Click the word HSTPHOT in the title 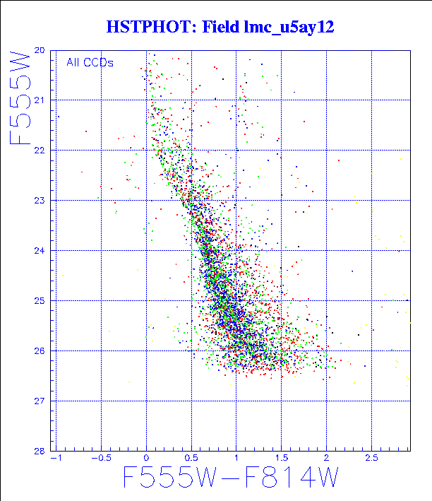click(x=138, y=28)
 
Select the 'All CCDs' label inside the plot click(x=90, y=62)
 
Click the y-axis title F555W click(x=22, y=98)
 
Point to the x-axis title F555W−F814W click(x=230, y=479)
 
